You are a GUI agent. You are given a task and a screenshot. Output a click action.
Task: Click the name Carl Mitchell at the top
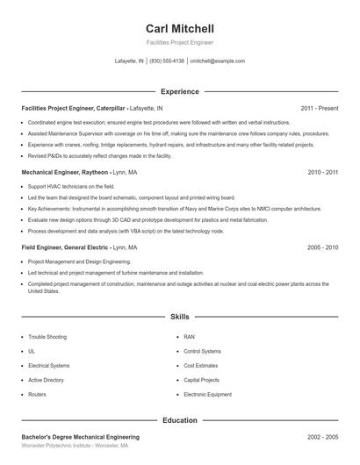point(179,29)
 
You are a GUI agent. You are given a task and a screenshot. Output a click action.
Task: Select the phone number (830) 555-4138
point(167,61)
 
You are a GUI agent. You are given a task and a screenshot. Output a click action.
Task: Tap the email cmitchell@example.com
point(217,61)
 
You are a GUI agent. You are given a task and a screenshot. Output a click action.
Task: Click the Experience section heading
point(179,91)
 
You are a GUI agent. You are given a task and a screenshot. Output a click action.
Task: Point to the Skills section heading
point(179,316)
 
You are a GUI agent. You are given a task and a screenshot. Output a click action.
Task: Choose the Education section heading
point(179,420)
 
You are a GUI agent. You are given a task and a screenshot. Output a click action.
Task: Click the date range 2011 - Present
point(319,108)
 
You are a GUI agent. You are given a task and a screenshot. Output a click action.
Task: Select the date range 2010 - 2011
point(322,173)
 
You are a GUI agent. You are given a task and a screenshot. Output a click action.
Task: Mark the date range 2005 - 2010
point(322,247)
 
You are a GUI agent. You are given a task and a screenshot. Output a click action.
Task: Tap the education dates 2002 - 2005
point(322,436)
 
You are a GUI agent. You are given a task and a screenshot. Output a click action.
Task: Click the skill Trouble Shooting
point(47,336)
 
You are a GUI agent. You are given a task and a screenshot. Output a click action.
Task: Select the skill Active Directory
point(46,380)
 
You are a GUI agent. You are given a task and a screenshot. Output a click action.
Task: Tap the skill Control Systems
point(202,351)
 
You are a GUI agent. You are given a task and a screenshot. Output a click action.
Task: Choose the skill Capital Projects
point(201,380)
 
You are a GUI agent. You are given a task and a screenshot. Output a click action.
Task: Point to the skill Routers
point(37,395)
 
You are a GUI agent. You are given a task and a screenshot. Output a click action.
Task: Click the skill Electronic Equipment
point(207,395)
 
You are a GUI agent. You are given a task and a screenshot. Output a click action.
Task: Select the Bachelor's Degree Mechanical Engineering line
point(80,436)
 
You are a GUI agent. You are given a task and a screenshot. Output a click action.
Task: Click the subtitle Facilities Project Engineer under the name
point(179,42)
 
